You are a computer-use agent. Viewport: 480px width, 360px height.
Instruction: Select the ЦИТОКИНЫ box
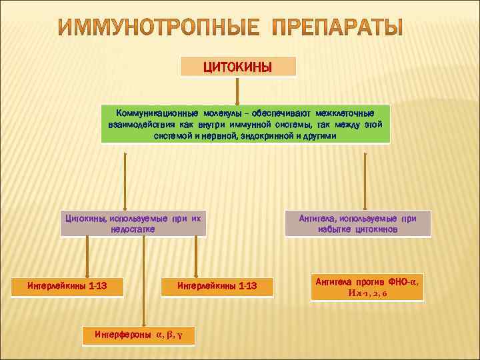point(237,67)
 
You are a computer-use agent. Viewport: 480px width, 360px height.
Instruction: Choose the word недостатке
point(133,229)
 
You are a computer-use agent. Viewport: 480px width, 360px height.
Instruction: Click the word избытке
point(338,229)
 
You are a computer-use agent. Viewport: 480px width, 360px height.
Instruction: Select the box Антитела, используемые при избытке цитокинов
point(357,223)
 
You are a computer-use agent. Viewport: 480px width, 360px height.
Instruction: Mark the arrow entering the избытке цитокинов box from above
point(364,180)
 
